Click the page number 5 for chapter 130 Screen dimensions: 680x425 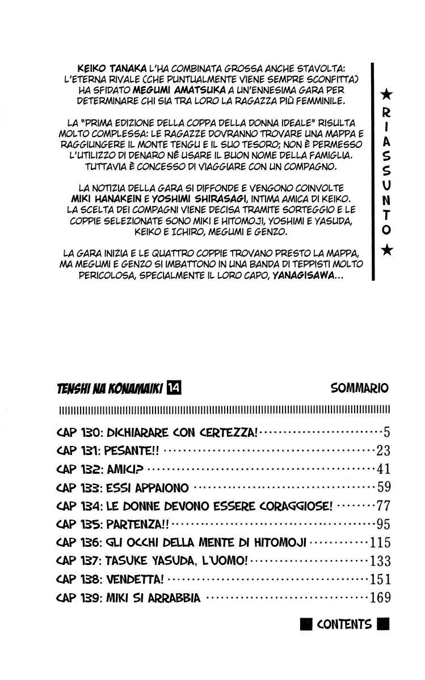386,433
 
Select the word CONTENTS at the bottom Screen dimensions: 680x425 344,624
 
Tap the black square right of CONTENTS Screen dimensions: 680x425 383,625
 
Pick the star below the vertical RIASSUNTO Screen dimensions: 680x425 386,250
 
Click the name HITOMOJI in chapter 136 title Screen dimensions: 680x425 279,543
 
